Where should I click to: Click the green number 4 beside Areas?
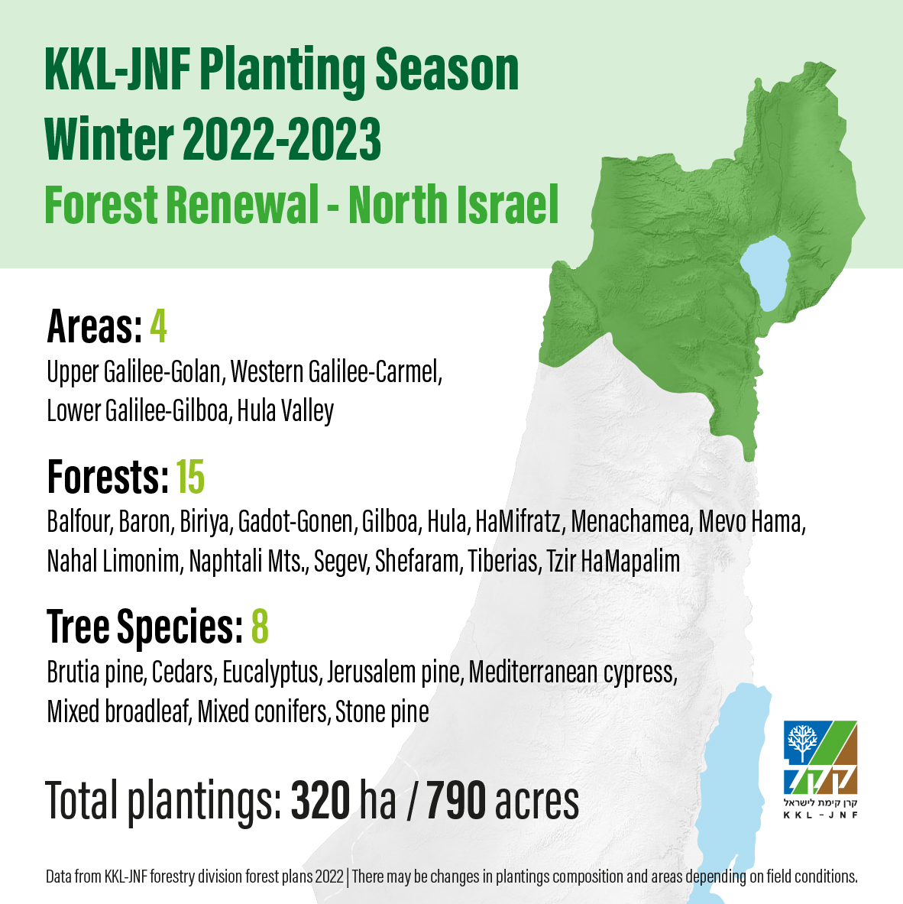click(x=158, y=326)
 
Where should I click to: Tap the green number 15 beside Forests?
click(x=190, y=478)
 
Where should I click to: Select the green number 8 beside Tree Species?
click(x=260, y=627)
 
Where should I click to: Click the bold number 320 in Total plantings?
click(x=320, y=801)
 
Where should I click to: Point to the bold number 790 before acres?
click(x=456, y=801)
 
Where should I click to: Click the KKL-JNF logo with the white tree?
click(x=820, y=769)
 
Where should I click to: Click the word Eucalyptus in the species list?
click(x=271, y=672)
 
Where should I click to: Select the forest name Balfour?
click(x=79, y=522)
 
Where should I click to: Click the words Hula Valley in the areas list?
click(x=285, y=411)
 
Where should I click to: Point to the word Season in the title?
click(x=447, y=70)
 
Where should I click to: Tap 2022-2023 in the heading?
click(x=283, y=139)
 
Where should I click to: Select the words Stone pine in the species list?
click(x=382, y=712)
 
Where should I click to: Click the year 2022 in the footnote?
click(x=329, y=877)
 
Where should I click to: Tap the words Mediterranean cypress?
click(x=573, y=672)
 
